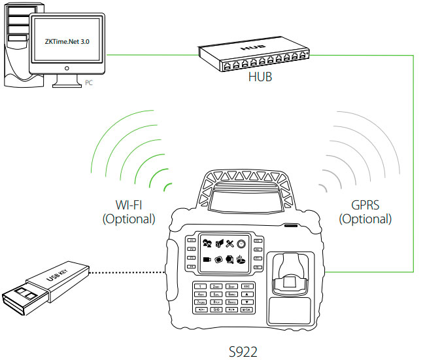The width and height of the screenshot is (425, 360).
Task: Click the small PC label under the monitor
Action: click(x=90, y=83)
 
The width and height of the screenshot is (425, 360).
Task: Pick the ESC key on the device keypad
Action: click(x=248, y=287)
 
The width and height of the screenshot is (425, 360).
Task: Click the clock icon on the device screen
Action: click(x=241, y=245)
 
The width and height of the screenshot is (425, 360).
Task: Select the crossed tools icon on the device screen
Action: click(x=229, y=245)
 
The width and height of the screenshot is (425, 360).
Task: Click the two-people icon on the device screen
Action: click(x=207, y=245)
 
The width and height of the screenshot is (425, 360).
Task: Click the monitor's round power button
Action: click(x=68, y=67)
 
